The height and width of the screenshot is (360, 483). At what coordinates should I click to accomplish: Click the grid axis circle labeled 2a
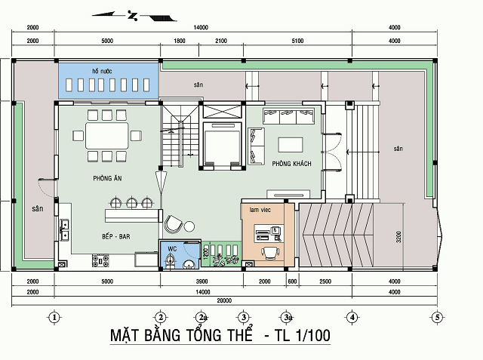point(201,317)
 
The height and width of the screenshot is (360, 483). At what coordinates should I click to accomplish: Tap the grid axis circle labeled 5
point(437,317)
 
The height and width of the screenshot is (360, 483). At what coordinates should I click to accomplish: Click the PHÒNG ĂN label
point(108,177)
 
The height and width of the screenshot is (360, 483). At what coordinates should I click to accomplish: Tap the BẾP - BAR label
point(116,236)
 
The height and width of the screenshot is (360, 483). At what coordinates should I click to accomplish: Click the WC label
point(171,248)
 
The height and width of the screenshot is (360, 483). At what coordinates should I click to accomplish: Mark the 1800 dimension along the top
point(179,40)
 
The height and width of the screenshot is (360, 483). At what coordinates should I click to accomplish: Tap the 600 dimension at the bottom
point(293,282)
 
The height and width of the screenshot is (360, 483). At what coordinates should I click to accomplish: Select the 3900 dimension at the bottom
point(202,282)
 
